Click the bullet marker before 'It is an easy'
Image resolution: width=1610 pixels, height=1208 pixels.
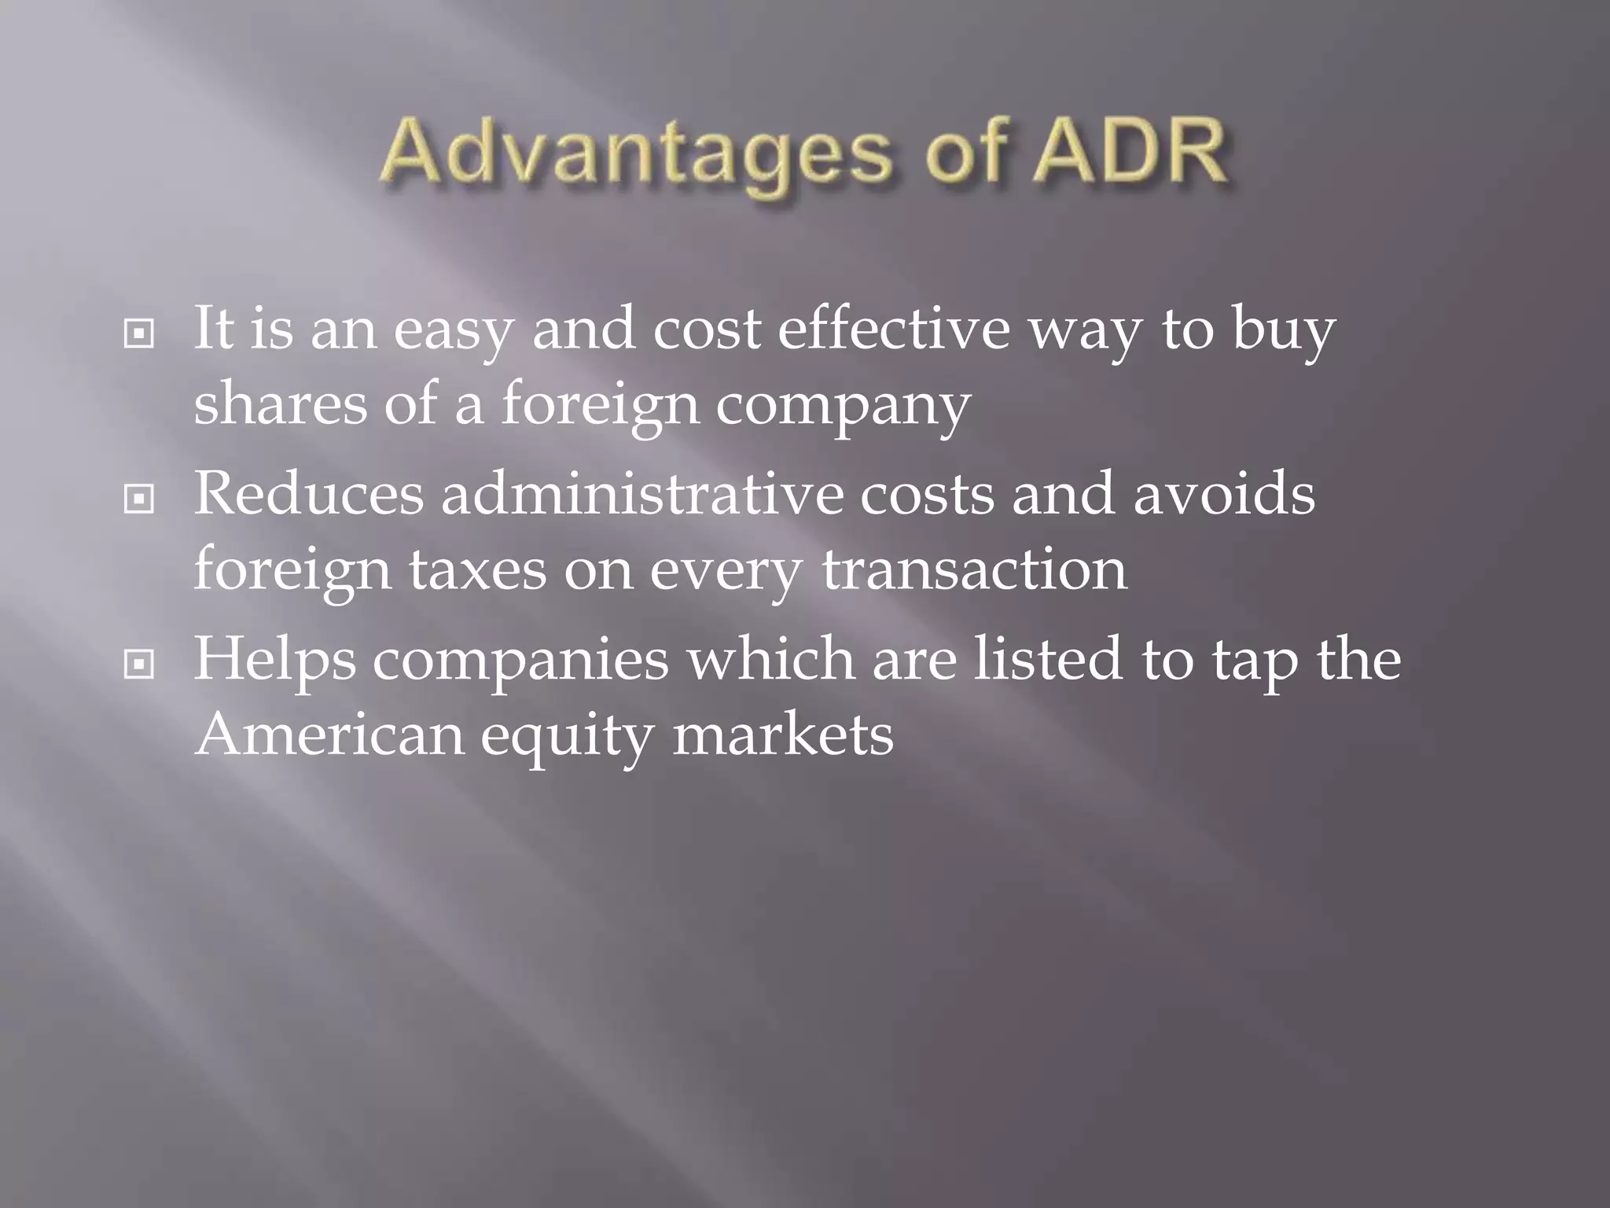pyautogui.click(x=139, y=335)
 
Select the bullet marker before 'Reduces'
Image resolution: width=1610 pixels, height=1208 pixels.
pyautogui.click(x=139, y=499)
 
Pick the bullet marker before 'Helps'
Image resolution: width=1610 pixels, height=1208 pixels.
pyautogui.click(x=139, y=665)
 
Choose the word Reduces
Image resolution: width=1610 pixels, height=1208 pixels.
pyautogui.click(x=308, y=495)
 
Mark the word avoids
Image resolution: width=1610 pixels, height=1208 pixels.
pyautogui.click(x=1224, y=495)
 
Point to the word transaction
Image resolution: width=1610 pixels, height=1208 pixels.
pyautogui.click(x=975, y=569)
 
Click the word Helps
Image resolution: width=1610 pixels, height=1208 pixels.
pyautogui.click(x=274, y=661)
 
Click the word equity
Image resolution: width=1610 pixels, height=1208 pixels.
pyautogui.click(x=567, y=738)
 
